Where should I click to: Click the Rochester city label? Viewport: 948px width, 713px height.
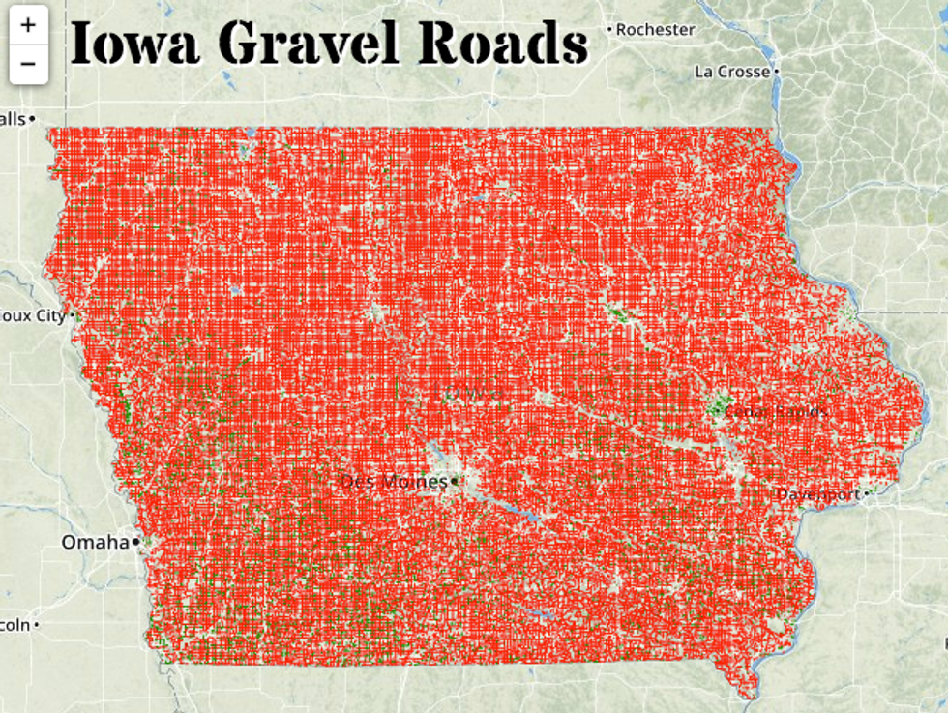pyautogui.click(x=655, y=30)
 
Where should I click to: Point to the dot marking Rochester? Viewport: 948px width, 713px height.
pyautogui.click(x=609, y=30)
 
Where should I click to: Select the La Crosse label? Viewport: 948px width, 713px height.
pyautogui.click(x=732, y=72)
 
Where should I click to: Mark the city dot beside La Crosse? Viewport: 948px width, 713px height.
pyautogui.click(x=777, y=72)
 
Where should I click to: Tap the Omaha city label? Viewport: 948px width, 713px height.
pyautogui.click(x=95, y=542)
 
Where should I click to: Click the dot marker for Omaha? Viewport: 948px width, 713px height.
pyautogui.click(x=136, y=542)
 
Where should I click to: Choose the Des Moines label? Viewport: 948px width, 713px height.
pyautogui.click(x=394, y=481)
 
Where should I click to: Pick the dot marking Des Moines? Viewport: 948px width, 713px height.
pyautogui.click(x=453, y=481)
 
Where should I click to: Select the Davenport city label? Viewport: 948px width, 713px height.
pyautogui.click(x=818, y=494)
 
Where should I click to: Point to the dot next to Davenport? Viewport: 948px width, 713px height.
pyautogui.click(x=867, y=493)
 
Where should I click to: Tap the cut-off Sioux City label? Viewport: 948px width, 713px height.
pyautogui.click(x=33, y=315)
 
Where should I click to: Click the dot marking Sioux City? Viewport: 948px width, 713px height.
pyautogui.click(x=74, y=315)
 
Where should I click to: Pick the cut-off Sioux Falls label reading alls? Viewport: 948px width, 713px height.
pyautogui.click(x=13, y=118)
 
